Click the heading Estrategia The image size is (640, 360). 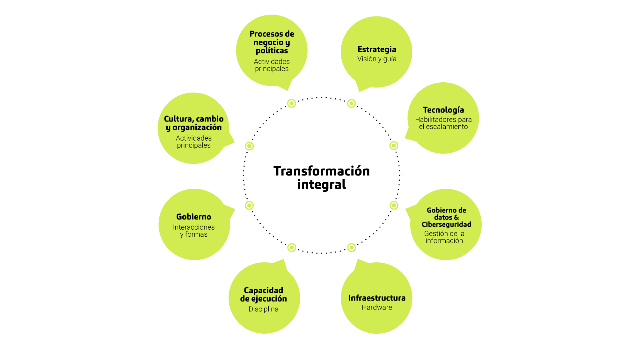(377, 49)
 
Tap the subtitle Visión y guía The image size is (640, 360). (377, 59)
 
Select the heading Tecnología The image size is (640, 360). (443, 110)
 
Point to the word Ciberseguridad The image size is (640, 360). (446, 224)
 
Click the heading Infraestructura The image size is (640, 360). (377, 298)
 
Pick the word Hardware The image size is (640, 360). (377, 307)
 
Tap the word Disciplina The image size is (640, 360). (263, 309)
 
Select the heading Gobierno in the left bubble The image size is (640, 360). (194, 217)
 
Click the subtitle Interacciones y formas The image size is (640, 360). (194, 231)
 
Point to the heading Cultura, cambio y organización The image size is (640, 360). (194, 123)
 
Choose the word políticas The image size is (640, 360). (272, 51)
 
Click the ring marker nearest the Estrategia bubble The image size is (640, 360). (351, 103)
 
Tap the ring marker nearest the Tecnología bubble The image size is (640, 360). (394, 146)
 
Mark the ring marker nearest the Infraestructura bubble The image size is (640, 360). (352, 247)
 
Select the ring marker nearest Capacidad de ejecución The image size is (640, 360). (292, 247)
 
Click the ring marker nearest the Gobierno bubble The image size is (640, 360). (249, 205)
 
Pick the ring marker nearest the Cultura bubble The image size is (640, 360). (249, 146)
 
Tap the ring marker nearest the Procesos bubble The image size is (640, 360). (292, 103)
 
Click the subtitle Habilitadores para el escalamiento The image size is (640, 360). (443, 123)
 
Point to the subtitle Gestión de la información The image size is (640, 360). (444, 237)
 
